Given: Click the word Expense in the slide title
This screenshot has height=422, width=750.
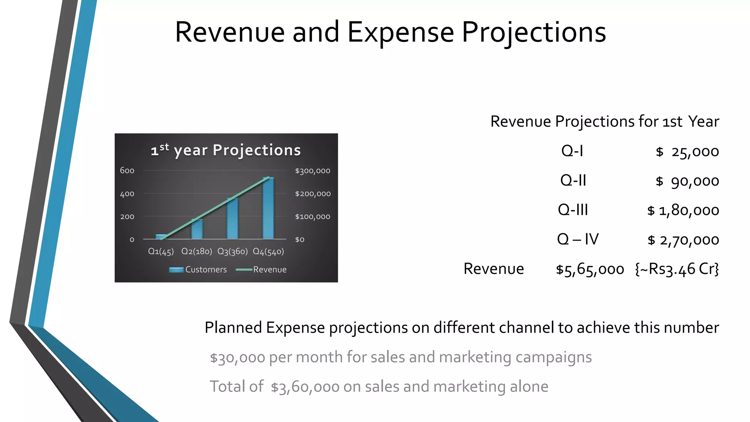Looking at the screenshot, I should click(400, 32).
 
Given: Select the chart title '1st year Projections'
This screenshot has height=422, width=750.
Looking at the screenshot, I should click(226, 150).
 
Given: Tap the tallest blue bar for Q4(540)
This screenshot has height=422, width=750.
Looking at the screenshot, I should click(268, 209).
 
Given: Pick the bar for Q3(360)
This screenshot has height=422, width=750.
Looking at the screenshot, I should click(233, 219).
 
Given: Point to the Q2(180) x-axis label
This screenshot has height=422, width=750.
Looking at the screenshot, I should click(197, 251).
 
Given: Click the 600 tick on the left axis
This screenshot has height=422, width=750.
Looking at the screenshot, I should click(127, 170).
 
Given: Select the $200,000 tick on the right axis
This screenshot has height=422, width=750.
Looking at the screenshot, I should click(313, 194).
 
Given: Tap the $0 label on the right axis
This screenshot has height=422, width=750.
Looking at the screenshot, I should click(300, 240).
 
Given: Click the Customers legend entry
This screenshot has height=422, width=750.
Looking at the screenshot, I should click(198, 270).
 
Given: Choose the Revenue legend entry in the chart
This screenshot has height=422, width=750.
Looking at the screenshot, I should click(261, 270).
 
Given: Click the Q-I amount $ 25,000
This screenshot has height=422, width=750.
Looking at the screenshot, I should click(687, 152).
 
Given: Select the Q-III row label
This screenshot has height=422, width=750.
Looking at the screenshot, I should click(573, 210).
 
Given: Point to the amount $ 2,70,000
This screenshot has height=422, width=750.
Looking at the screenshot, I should click(683, 240).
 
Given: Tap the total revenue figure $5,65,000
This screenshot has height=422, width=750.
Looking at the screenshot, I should click(590, 269).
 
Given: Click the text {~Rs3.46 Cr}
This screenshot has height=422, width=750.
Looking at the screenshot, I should click(677, 269).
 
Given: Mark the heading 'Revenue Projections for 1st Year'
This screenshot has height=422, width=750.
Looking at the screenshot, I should click(604, 122).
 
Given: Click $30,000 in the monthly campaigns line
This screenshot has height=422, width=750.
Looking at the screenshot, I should click(237, 357).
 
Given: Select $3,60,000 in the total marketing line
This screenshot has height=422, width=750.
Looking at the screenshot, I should click(305, 387).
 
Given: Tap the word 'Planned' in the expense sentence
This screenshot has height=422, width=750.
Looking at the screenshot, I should click(233, 327).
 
